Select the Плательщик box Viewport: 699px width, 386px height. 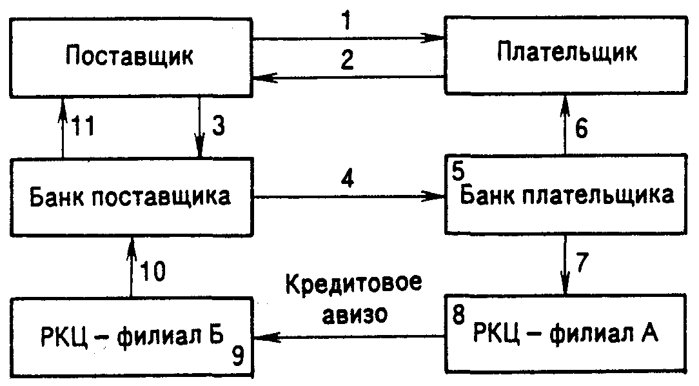coord(567,53)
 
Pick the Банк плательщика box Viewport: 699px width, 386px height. coord(567,195)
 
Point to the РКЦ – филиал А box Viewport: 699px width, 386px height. coord(567,334)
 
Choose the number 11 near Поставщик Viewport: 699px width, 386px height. coord(84,127)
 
